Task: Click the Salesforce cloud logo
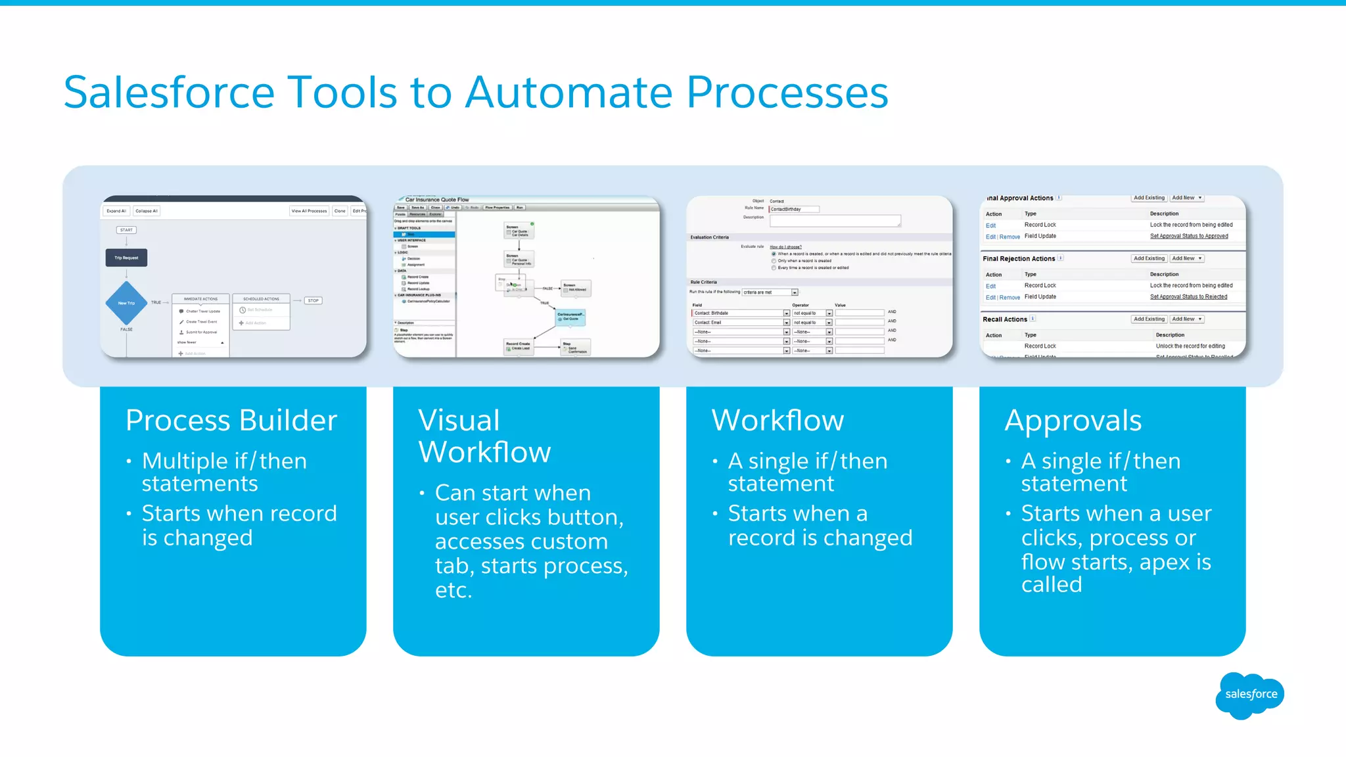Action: [x=1250, y=695]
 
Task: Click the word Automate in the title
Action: [x=569, y=93]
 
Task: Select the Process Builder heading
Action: [x=231, y=421]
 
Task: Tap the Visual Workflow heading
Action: [x=484, y=436]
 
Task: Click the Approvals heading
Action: [x=1073, y=421]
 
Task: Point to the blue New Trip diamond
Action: [x=126, y=303]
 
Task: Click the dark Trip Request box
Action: [x=126, y=258]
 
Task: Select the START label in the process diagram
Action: [x=126, y=230]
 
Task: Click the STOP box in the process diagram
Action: [x=313, y=300]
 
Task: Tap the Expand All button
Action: [x=116, y=211]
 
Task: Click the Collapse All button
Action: [x=147, y=211]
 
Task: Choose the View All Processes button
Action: [x=309, y=211]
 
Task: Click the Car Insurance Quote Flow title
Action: [x=437, y=200]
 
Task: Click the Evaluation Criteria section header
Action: [x=710, y=237]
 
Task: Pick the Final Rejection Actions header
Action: [x=1019, y=259]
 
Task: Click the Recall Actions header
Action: [x=1005, y=319]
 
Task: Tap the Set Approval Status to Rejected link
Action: [x=1188, y=297]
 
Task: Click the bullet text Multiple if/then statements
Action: [x=224, y=472]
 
